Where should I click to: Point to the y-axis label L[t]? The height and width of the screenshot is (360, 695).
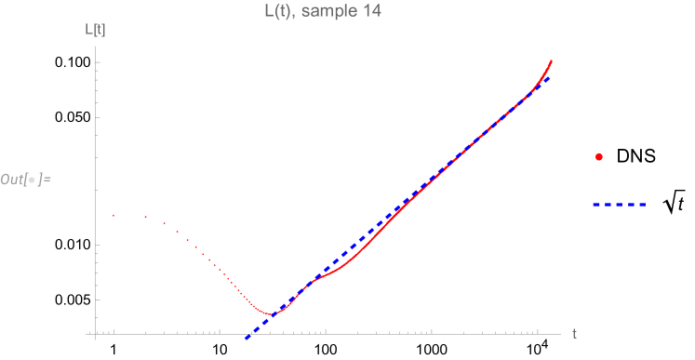(95, 30)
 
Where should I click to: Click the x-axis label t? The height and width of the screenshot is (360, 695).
(575, 333)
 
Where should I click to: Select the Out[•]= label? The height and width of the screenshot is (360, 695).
(26, 178)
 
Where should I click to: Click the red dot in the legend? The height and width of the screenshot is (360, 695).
(599, 157)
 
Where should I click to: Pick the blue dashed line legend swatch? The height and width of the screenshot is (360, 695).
(619, 204)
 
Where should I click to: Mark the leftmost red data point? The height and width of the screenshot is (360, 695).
(114, 216)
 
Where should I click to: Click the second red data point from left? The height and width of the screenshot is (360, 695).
(146, 217)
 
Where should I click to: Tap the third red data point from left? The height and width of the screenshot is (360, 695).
(164, 223)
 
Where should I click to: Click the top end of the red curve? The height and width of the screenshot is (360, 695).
(552, 60)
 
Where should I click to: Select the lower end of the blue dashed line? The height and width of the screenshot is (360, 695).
(247, 338)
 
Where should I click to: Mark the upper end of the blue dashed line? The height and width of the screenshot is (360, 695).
(549, 77)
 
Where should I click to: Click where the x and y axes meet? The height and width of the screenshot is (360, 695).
(96, 333)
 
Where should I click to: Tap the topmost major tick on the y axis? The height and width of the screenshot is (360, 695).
(97, 62)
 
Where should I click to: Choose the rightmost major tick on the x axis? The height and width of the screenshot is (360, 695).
(538, 332)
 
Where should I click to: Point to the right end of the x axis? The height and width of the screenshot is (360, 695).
(560, 333)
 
